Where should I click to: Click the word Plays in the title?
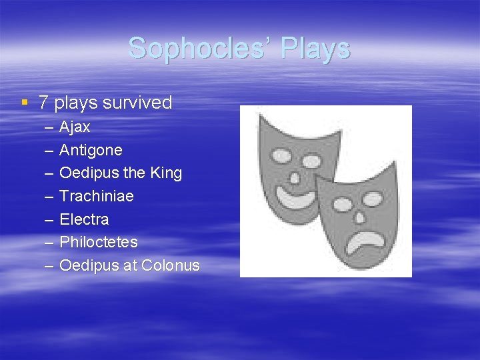coord(315,49)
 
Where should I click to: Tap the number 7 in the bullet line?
coord(43,103)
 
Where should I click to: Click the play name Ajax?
coord(75,127)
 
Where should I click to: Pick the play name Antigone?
coord(91,150)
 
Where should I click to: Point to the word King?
coord(166,173)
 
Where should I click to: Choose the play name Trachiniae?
coord(97,196)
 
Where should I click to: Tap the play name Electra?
coord(84,219)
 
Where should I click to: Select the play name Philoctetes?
coord(99,242)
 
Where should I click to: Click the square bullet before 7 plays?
coord(25,103)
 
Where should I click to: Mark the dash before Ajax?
coord(49,127)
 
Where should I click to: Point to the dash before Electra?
coord(49,219)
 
